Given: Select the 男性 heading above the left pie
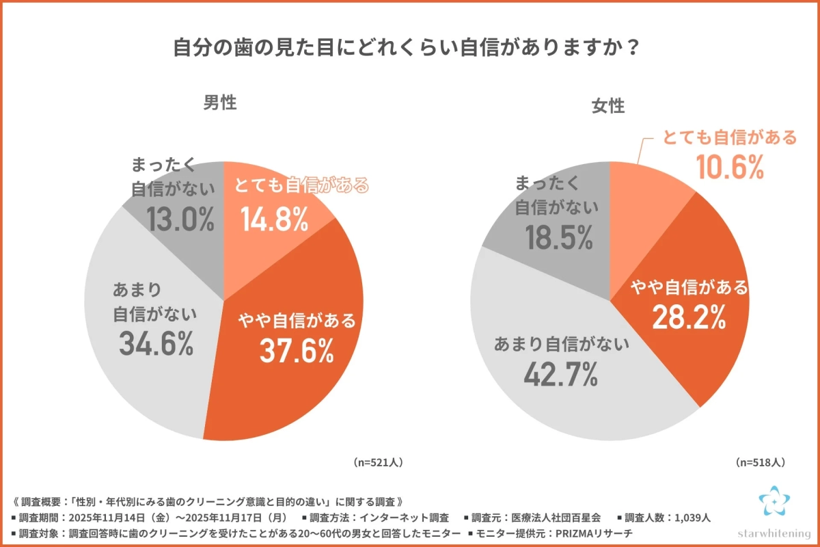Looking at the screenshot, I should [220, 103].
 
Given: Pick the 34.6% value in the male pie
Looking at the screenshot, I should [156, 344].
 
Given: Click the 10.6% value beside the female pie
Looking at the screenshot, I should [730, 166].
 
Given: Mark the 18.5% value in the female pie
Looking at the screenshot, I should [558, 237].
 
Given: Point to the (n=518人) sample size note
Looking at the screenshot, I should [761, 462].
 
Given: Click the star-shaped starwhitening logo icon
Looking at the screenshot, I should [774, 503].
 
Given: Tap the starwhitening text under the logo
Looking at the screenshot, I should [774, 531].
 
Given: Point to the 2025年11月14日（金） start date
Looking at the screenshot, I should [119, 518].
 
